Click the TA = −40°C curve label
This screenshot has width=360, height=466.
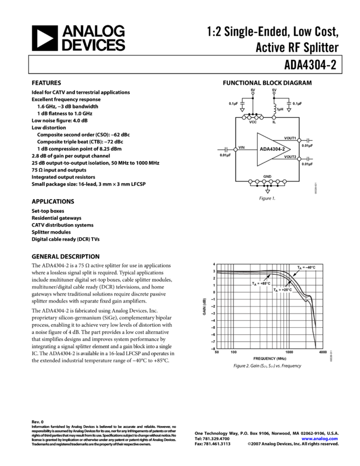[x=306, y=268]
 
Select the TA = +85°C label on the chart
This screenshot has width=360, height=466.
[x=261, y=283]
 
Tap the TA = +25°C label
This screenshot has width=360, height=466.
[x=283, y=290]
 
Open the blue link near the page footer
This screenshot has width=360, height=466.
[x=319, y=439]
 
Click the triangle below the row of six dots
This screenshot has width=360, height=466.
[x=267, y=191]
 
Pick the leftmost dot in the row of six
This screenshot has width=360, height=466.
[x=250, y=181]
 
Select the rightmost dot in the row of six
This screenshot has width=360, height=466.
[x=284, y=181]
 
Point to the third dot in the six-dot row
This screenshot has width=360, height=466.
[x=264, y=181]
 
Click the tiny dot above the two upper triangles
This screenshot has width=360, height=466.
[x=274, y=93]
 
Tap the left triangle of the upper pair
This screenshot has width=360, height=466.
[x=242, y=110]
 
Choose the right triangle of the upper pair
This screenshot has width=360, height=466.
[x=289, y=110]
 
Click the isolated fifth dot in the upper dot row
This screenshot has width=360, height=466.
[x=274, y=117]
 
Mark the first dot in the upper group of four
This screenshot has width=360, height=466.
[x=244, y=117]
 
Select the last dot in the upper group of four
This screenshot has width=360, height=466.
[x=261, y=117]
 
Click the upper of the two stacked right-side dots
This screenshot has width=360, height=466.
[x=299, y=140]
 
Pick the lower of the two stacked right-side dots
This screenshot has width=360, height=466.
[x=299, y=159]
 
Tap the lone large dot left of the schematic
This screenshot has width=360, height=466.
[x=236, y=150]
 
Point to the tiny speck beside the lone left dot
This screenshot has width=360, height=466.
[x=226, y=150]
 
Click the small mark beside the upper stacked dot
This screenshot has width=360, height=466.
[x=308, y=141]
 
